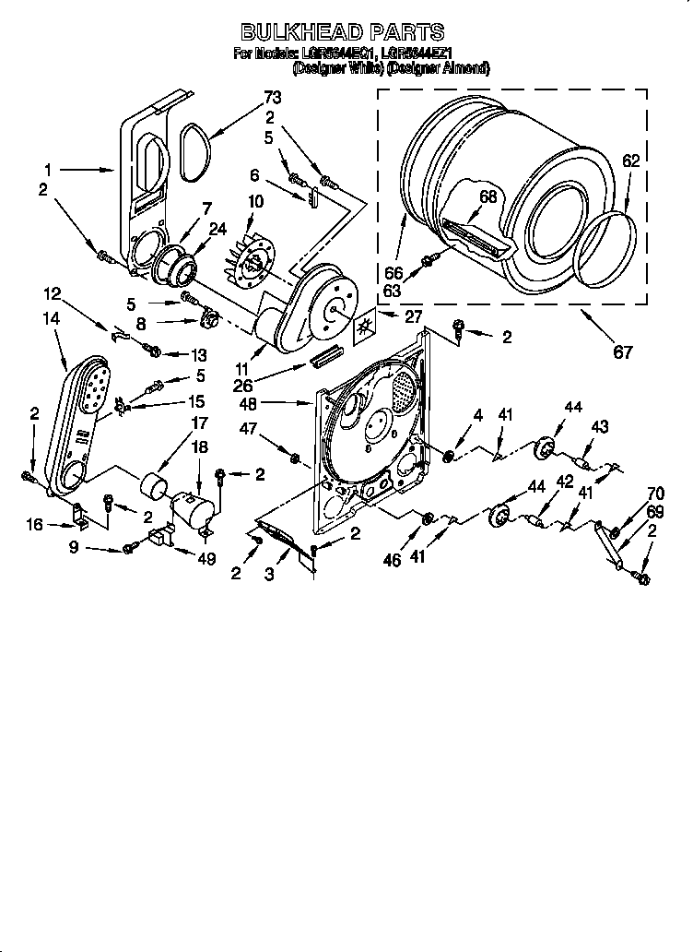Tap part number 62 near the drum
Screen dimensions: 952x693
[x=629, y=161]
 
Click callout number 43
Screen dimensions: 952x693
[x=599, y=426]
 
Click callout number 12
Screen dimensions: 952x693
[x=53, y=294]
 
